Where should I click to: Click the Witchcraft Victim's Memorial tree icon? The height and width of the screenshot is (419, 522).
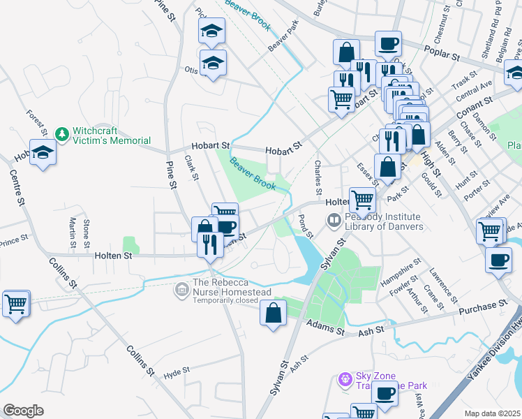[x=62, y=133]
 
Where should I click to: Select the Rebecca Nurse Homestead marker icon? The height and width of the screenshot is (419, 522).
[x=182, y=288]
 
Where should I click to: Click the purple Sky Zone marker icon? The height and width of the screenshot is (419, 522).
[x=343, y=380]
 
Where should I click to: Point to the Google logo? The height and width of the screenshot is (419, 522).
[x=23, y=410]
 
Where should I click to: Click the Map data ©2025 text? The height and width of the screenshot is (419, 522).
[x=492, y=413]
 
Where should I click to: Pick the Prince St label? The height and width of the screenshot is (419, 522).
[x=15, y=242]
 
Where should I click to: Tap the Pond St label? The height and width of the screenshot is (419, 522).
[x=304, y=226]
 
